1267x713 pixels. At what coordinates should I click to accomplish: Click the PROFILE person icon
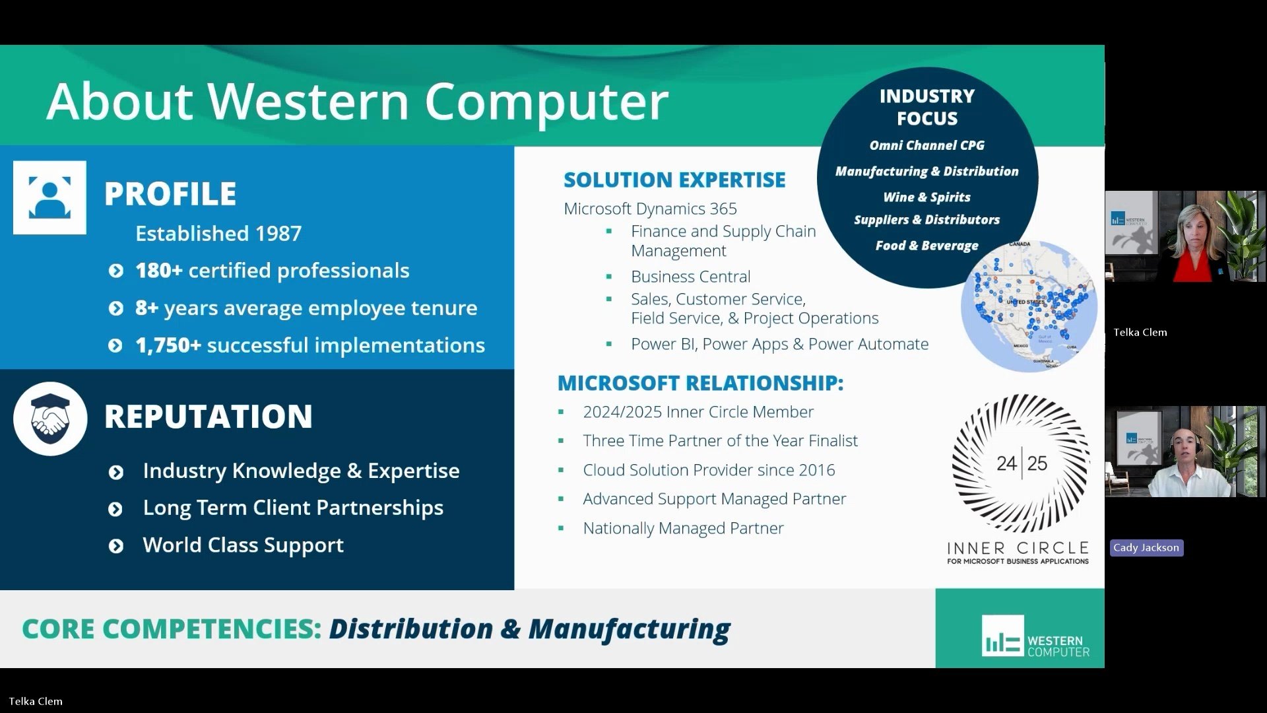click(x=49, y=197)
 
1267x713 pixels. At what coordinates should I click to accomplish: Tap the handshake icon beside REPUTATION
click(x=49, y=419)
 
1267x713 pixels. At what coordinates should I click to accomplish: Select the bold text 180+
click(x=158, y=271)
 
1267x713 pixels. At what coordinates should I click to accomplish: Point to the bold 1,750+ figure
click(x=168, y=345)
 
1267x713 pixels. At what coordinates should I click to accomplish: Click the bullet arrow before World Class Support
click(x=115, y=546)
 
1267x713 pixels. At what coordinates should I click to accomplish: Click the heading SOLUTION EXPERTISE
click(x=674, y=180)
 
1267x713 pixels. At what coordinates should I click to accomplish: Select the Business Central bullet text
click(x=690, y=277)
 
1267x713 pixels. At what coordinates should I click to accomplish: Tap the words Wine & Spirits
click(x=926, y=197)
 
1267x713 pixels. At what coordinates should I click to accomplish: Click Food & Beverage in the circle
click(x=926, y=246)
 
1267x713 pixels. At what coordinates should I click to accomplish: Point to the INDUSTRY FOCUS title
click(x=926, y=107)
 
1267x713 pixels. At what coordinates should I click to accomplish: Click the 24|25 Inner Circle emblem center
click(x=1021, y=463)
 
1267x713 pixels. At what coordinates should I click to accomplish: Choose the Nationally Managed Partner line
click(x=683, y=528)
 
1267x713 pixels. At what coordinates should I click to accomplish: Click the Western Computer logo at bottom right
click(x=1034, y=636)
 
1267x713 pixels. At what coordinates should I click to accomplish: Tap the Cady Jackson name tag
click(x=1146, y=547)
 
